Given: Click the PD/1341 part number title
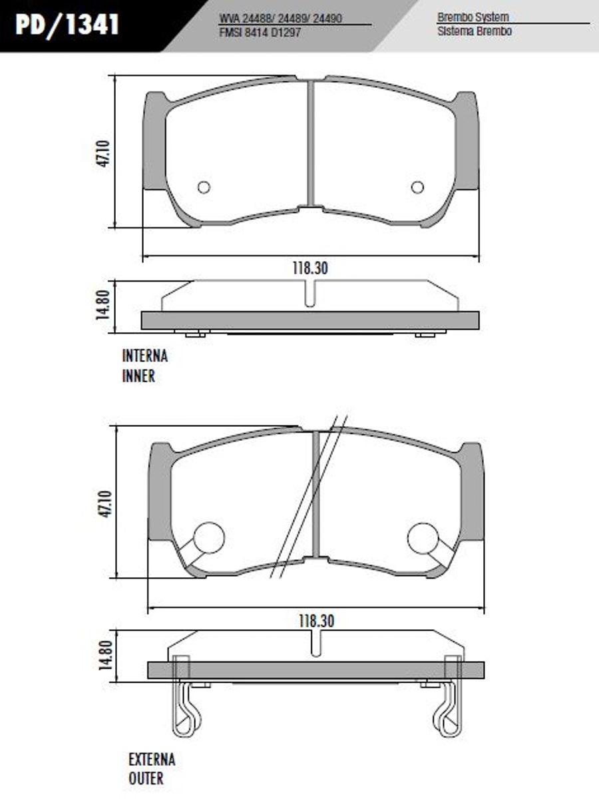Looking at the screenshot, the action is point(67,25).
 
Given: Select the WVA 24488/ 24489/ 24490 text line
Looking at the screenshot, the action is point(280,19).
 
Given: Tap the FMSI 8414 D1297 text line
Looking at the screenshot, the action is point(260,33).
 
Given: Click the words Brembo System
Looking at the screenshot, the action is point(473,17).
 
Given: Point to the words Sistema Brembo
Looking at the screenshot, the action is point(475,31).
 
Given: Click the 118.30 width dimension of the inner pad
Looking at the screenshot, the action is point(310,268).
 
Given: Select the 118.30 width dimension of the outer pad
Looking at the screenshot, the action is point(316,621).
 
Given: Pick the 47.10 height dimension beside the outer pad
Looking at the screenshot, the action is point(104,503).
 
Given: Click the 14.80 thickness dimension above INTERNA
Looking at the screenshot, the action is point(102,305).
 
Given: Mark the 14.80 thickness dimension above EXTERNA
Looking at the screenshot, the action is point(104,655).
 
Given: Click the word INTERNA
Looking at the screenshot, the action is point(145,356).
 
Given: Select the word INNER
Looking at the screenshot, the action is point(138,376).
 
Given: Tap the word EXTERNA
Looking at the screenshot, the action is point(152,760).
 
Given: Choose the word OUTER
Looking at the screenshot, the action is point(146,778).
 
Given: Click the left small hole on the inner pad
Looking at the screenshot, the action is point(204,187).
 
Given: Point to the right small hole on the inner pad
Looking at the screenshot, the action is point(417,187).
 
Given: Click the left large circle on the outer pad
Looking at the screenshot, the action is point(209,538).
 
